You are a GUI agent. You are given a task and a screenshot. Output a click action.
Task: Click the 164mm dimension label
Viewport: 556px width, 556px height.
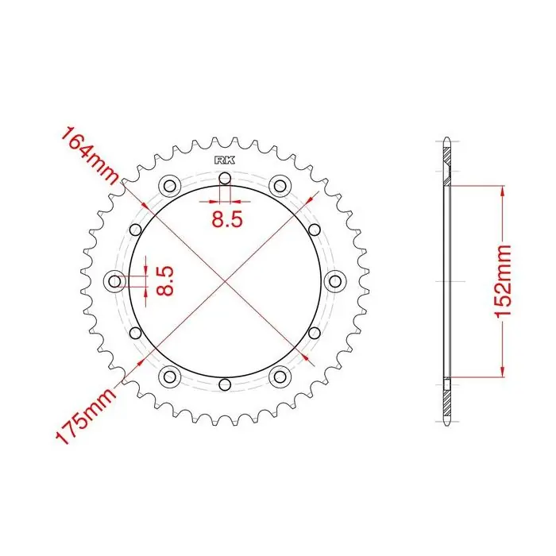click(x=90, y=156)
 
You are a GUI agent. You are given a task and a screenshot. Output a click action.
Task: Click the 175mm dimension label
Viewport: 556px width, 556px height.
click(x=87, y=415)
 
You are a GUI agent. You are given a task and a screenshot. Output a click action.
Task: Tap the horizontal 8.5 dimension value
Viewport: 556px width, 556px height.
click(x=227, y=219)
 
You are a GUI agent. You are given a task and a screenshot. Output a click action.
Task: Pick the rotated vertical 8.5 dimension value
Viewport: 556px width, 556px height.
click(x=165, y=281)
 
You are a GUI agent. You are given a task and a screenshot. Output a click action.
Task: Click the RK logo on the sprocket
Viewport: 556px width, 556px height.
click(x=225, y=160)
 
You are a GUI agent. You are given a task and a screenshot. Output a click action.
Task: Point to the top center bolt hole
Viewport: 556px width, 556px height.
click(x=225, y=179)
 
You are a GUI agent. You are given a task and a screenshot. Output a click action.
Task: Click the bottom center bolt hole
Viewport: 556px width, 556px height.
click(x=225, y=384)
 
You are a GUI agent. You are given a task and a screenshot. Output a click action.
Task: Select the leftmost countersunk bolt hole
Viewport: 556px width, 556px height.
click(x=114, y=281)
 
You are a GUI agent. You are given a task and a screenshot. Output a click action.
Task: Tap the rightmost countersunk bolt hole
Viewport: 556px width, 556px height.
click(x=335, y=281)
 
